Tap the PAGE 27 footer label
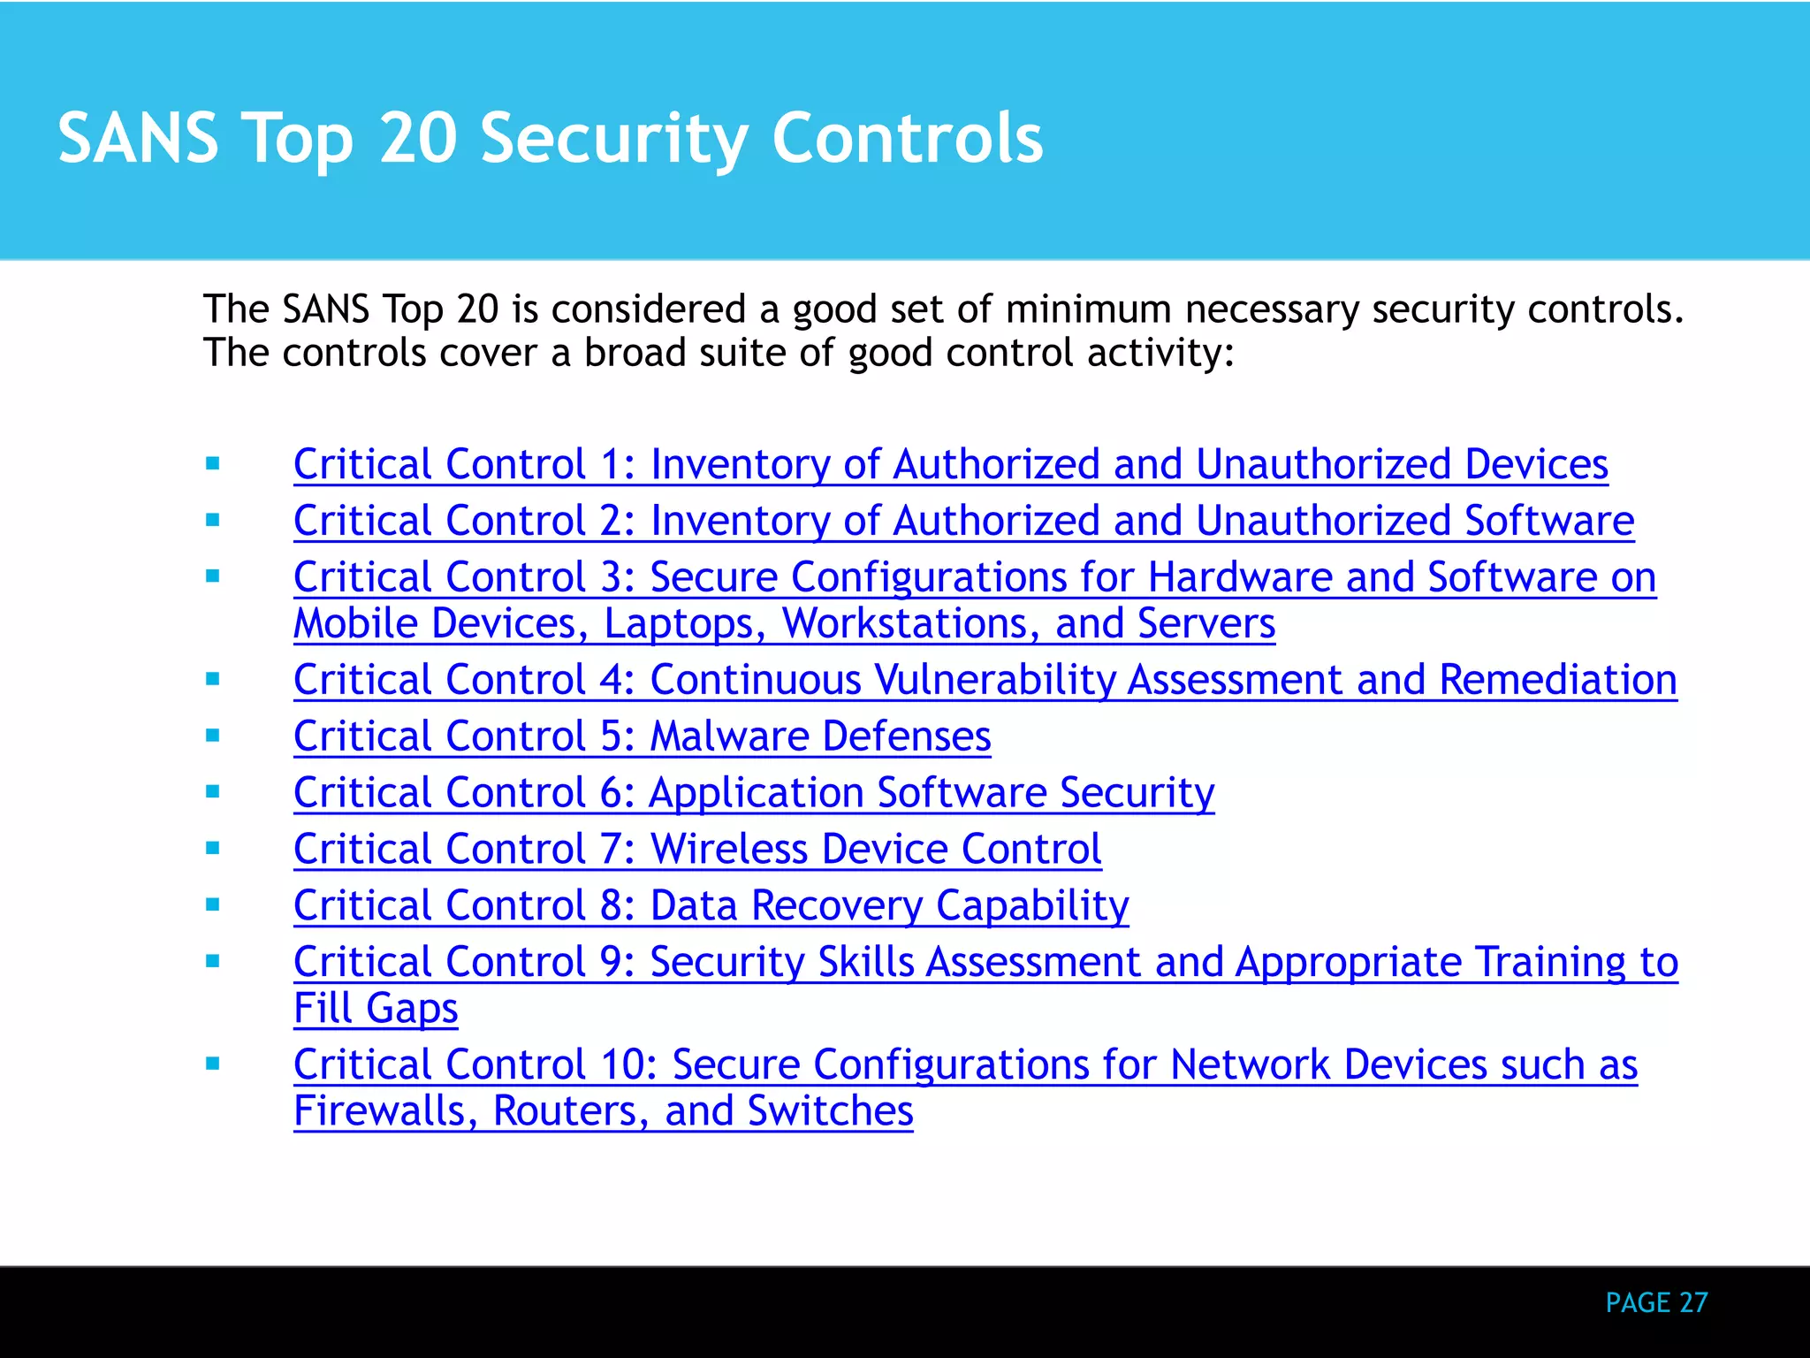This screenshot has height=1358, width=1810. click(1656, 1302)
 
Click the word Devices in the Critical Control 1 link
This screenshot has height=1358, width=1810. click(1536, 464)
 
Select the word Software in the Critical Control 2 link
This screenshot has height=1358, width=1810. click(1548, 521)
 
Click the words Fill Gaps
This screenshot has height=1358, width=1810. click(376, 1009)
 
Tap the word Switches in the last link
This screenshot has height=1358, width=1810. click(830, 1111)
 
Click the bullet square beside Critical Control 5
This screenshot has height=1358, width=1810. click(213, 736)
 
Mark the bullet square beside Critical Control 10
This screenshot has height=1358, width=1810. click(213, 1064)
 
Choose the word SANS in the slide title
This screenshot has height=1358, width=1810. click(138, 139)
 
